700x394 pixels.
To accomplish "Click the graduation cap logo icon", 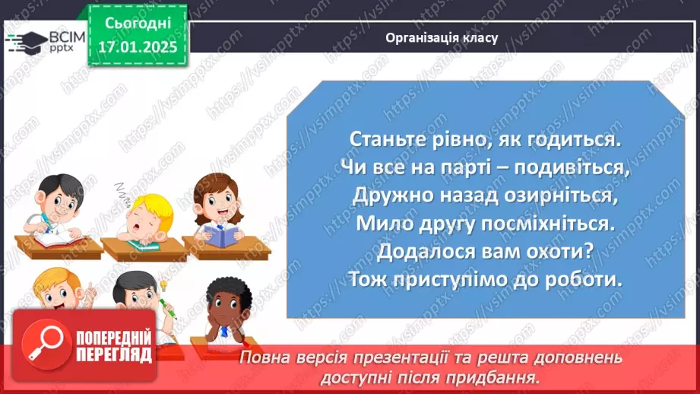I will point(28,40).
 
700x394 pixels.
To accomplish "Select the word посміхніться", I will point(534,223).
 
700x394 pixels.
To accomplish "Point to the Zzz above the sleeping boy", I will point(122,189).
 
